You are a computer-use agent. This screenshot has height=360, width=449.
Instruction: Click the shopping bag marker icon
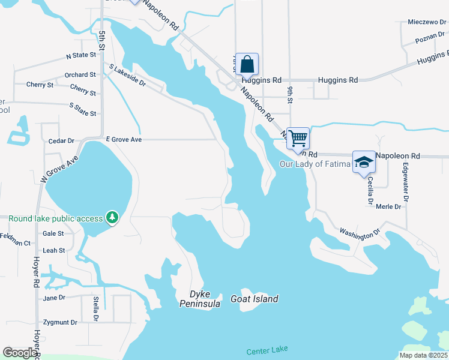click(247, 64)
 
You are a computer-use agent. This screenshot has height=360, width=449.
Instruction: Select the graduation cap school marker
click(363, 162)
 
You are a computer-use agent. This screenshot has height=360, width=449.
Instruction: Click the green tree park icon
click(112, 217)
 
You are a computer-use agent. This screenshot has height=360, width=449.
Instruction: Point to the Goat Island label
click(255, 299)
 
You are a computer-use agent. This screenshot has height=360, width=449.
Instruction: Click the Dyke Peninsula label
click(200, 299)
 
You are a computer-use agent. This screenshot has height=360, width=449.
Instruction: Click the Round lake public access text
click(55, 218)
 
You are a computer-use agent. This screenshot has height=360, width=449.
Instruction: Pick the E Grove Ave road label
click(124, 139)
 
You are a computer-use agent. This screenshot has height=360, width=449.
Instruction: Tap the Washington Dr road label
click(360, 233)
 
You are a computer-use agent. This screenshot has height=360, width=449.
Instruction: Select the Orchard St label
click(80, 75)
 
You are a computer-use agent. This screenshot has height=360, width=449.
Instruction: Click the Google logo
click(20, 353)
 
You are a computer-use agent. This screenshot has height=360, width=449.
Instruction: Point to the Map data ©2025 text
click(423, 355)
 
